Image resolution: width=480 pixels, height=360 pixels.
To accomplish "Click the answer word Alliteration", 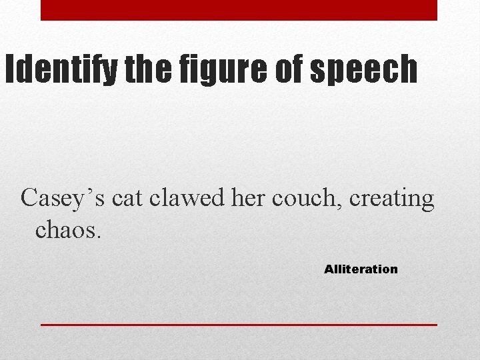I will click(361, 269).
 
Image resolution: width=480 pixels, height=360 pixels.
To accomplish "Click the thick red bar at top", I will click(239, 10).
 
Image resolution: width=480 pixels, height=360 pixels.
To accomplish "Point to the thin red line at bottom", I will click(239, 325).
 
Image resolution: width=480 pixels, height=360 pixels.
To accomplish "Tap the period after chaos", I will click(99, 237).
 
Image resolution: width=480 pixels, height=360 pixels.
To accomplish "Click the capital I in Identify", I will click(9, 69).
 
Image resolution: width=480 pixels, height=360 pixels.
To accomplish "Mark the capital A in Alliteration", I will click(328, 269).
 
